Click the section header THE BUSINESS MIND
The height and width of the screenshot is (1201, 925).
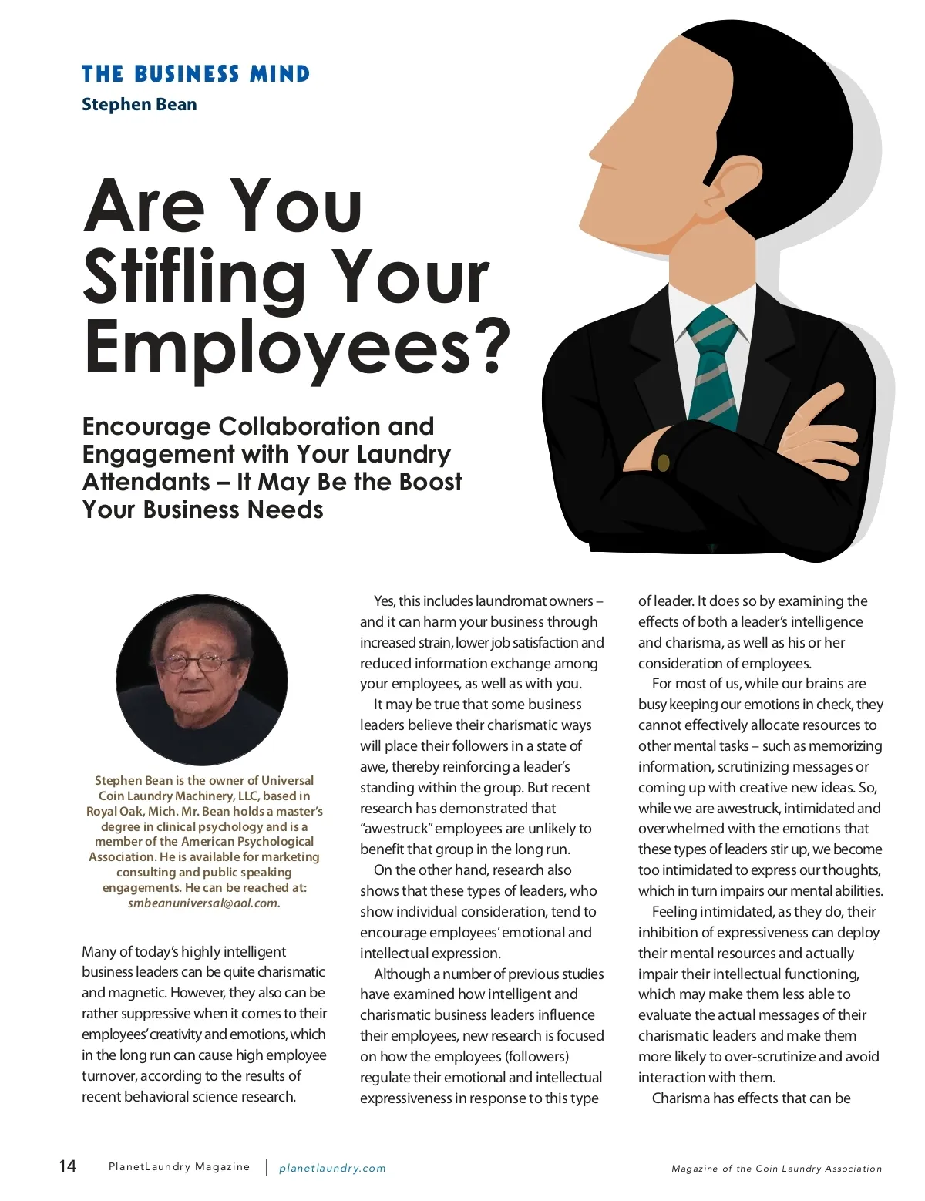coord(196,74)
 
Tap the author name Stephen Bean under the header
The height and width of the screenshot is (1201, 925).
coord(140,104)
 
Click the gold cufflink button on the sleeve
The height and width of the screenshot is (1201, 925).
coord(663,463)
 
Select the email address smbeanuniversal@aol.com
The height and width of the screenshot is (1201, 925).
coord(204,903)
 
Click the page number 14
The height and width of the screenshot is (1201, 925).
coord(68,1166)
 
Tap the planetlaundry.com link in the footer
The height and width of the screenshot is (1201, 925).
coord(332,1168)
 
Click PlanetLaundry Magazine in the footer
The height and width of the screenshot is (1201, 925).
coord(179,1167)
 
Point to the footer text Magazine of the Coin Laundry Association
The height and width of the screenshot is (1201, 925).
coord(776,1169)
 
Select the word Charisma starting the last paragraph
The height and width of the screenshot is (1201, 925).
coord(681,1098)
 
